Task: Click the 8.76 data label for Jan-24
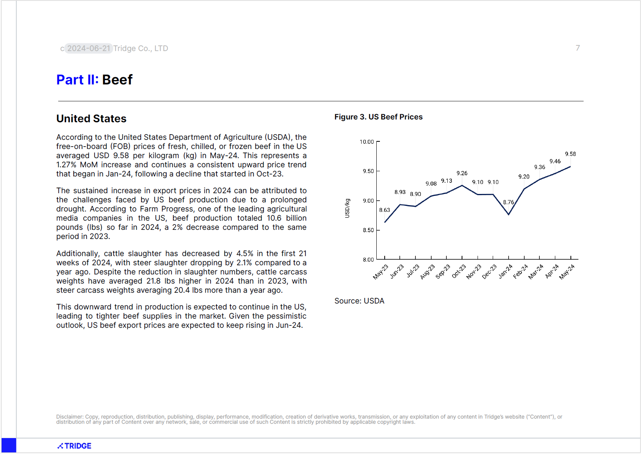point(509,202)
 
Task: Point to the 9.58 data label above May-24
point(570,154)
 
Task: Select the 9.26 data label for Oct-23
point(462,173)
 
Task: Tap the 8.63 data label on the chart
point(385,210)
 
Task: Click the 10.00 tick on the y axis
point(367,142)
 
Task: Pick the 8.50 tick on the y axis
point(368,230)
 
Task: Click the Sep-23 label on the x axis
point(443,272)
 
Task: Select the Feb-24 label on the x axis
point(520,272)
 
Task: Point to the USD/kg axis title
point(347,208)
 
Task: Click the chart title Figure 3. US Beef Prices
point(378,117)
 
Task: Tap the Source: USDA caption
point(359,301)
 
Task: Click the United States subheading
point(91,118)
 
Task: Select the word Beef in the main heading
point(117,80)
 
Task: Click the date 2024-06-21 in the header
point(89,48)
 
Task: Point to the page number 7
point(578,48)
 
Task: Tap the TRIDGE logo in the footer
point(75,446)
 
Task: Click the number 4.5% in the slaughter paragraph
point(245,254)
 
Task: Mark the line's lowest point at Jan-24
point(509,214)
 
